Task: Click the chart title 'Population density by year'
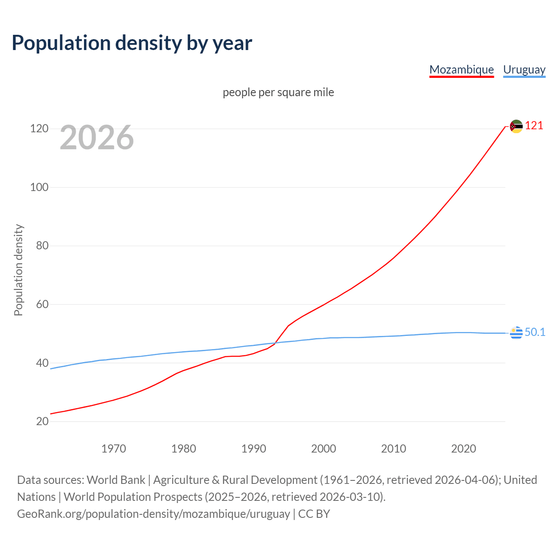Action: tap(132, 43)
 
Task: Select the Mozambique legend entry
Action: tap(461, 70)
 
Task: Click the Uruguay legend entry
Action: tap(524, 70)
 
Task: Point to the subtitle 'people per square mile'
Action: tap(278, 92)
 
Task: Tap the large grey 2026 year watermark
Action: tap(97, 138)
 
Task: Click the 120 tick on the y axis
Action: tap(39, 129)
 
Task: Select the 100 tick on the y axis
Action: tap(39, 187)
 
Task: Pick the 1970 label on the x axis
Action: tap(114, 449)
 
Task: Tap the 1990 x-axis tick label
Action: tap(254, 449)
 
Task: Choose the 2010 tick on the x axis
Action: tap(393, 449)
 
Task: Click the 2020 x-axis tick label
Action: tap(463, 449)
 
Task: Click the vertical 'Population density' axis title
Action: tap(18, 270)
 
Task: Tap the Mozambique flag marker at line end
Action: tap(516, 126)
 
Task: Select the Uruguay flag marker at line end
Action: tap(516, 332)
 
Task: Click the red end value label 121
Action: tap(534, 126)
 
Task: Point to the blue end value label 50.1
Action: tap(535, 332)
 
